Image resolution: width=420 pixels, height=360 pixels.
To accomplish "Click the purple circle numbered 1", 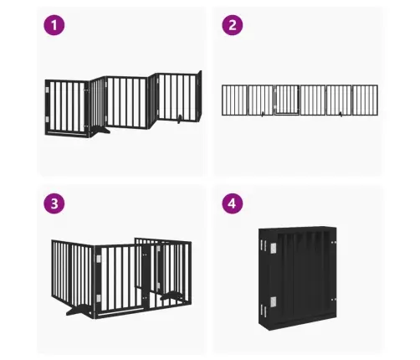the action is tap(54, 25).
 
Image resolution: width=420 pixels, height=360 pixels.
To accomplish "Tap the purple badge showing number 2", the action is tap(233, 25).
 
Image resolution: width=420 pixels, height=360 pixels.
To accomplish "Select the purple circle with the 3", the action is tap(54, 203).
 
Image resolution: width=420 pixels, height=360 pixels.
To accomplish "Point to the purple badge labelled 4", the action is tap(233, 203).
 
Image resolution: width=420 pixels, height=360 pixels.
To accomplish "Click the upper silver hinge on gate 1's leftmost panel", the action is tap(47, 90).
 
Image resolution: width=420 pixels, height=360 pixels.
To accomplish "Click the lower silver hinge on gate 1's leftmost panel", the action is tap(47, 119).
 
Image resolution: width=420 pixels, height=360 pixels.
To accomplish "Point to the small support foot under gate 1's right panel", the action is tap(180, 119).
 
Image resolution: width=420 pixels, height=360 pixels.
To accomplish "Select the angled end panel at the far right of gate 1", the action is tap(199, 95).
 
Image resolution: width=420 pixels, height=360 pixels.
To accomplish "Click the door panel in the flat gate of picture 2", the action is tap(287, 100).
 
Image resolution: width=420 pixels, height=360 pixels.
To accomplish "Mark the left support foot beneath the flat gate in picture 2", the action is tap(262, 114).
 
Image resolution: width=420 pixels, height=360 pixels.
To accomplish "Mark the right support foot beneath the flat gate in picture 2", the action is tap(341, 114).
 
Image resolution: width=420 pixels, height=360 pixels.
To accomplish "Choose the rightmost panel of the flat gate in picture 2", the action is tap(365, 100).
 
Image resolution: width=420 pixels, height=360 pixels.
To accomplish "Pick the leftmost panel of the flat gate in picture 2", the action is tap(234, 100).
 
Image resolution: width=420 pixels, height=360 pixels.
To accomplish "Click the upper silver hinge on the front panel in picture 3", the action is tap(99, 260).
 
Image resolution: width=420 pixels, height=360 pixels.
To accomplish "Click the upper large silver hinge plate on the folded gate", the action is tap(274, 248).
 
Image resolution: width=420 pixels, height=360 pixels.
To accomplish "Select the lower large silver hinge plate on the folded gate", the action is tap(274, 301).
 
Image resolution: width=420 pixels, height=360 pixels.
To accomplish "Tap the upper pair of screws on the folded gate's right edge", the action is tap(334, 242).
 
